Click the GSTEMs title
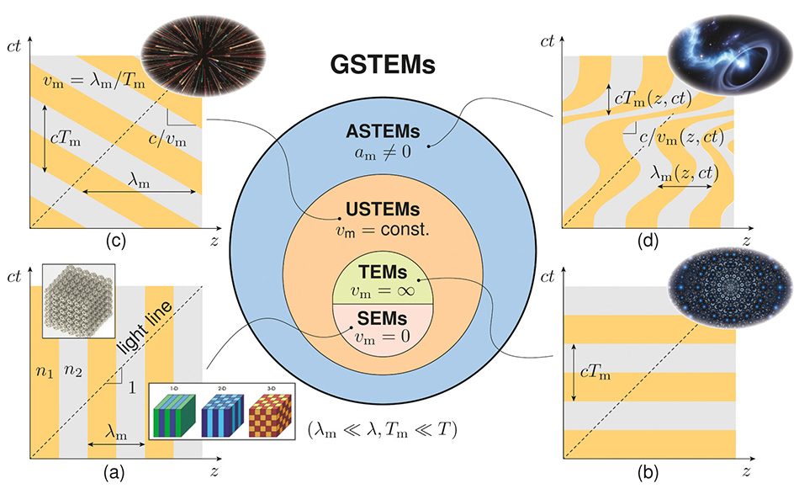pyautogui.click(x=398, y=65)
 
